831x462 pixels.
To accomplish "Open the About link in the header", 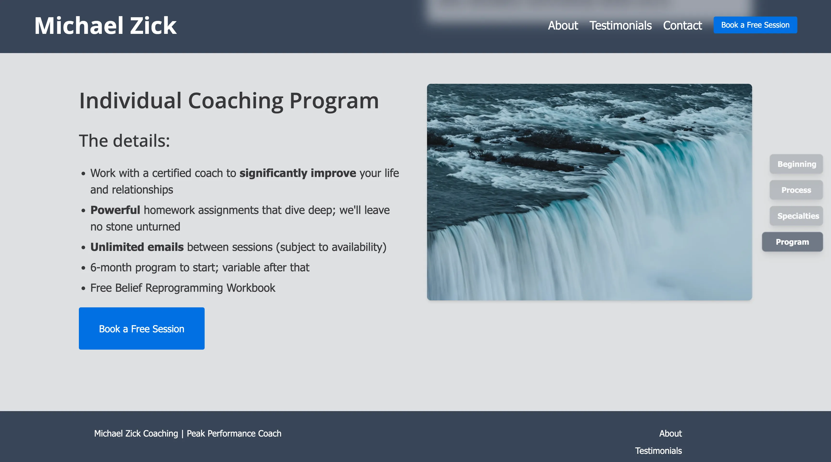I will pyautogui.click(x=563, y=25).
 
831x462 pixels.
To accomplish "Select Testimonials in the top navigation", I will pyautogui.click(x=620, y=25).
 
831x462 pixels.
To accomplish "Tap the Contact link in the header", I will pyautogui.click(x=682, y=25).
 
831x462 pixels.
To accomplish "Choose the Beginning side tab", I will pyautogui.click(x=796, y=164).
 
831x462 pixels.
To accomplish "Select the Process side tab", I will pyautogui.click(x=796, y=190).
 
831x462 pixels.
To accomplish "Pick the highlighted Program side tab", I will pyautogui.click(x=792, y=242).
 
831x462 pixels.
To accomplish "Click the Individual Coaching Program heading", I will pyautogui.click(x=229, y=101).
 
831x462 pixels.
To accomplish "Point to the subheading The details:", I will pyautogui.click(x=124, y=141).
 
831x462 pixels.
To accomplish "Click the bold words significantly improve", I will pyautogui.click(x=297, y=173).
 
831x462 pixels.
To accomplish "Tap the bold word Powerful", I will pyautogui.click(x=115, y=210).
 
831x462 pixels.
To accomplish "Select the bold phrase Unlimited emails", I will pyautogui.click(x=137, y=247).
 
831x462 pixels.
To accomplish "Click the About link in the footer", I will pyautogui.click(x=670, y=434).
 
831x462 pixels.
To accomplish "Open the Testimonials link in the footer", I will pyautogui.click(x=658, y=451).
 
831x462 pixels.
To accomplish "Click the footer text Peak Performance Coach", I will pyautogui.click(x=234, y=434).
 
